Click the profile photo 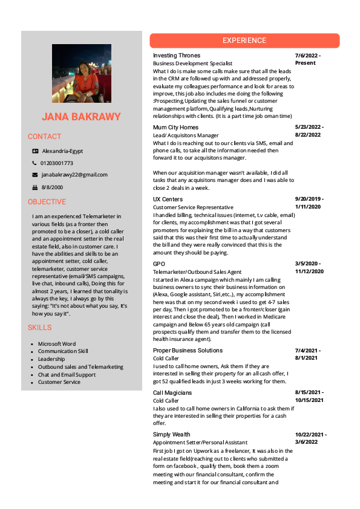(81, 73)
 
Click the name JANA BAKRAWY (81, 117)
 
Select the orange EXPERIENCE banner (244, 41)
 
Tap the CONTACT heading (45, 137)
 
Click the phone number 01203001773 (57, 163)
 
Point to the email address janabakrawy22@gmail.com (74, 175)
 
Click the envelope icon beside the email (35, 175)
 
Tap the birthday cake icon (35, 187)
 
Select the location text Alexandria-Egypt (62, 151)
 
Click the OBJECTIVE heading (47, 202)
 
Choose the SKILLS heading (40, 328)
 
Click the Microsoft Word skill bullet (57, 344)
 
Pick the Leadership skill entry (51, 359)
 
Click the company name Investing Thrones (177, 56)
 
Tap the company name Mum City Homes (175, 128)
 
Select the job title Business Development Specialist (192, 63)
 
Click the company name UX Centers (168, 199)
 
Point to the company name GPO (159, 264)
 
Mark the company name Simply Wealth (172, 435)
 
